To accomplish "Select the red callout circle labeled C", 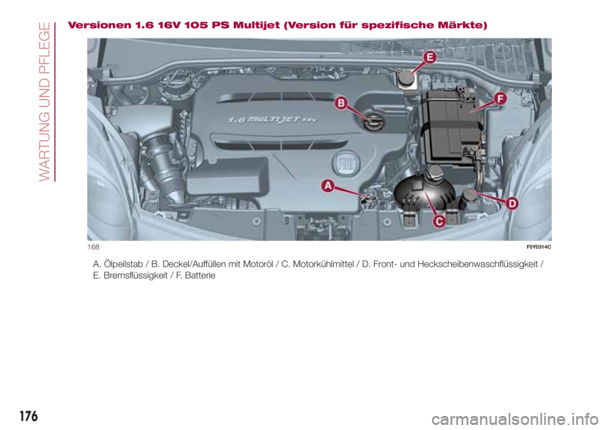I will point(438,221).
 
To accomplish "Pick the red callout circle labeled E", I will point(429,57).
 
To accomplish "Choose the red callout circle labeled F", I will point(500,100).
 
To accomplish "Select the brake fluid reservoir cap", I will point(405,77).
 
